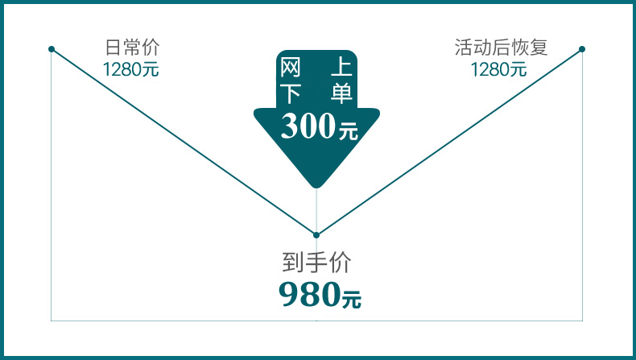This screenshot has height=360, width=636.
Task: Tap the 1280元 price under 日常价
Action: [x=130, y=69]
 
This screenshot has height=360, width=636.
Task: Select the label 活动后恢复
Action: [x=501, y=48]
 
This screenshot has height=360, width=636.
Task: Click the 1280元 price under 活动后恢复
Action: [x=498, y=69]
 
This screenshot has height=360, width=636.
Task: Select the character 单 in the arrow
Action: [x=341, y=94]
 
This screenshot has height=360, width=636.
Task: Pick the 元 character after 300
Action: [x=348, y=130]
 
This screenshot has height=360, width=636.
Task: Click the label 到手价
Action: [x=316, y=262]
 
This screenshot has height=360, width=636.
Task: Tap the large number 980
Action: [x=308, y=296]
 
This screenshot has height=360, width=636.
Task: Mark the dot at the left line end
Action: [x=52, y=49]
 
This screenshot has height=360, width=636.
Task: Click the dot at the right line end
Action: [x=582, y=49]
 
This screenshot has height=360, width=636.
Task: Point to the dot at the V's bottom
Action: [x=316, y=235]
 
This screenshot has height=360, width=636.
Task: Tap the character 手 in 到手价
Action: [x=316, y=262]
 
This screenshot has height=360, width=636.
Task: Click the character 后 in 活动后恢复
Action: [x=501, y=48]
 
